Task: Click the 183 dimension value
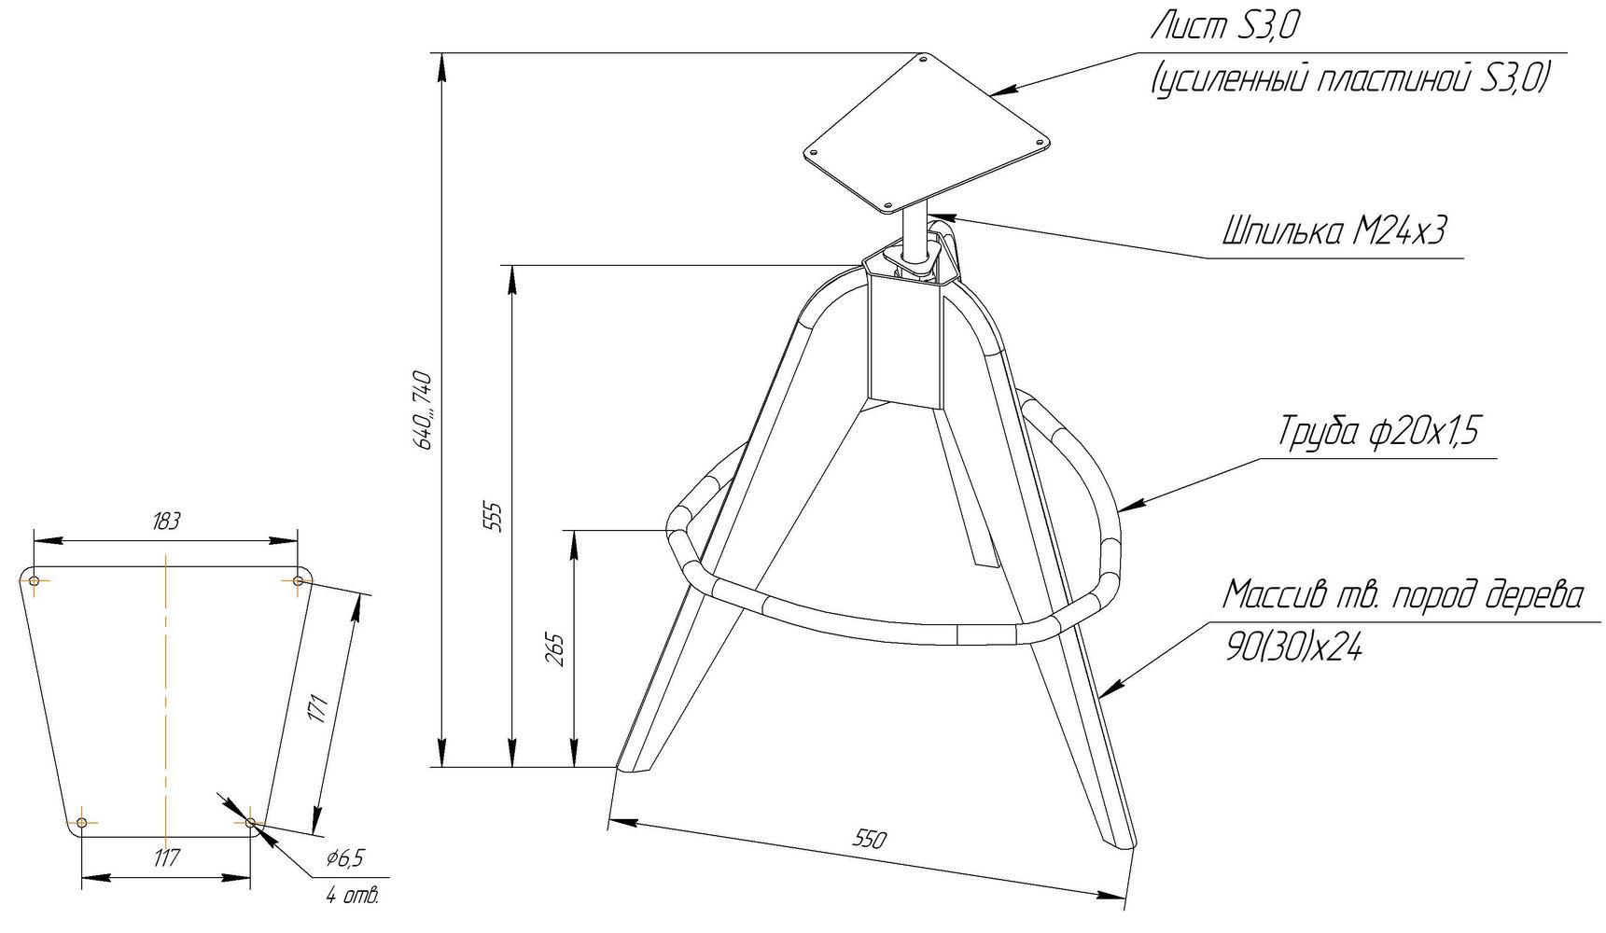(165, 522)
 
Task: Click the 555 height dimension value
(496, 517)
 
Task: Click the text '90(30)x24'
(1292, 648)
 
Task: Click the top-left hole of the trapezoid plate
(35, 582)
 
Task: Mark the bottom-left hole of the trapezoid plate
(82, 822)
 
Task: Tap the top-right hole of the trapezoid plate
(298, 582)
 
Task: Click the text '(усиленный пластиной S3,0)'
(1350, 79)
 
